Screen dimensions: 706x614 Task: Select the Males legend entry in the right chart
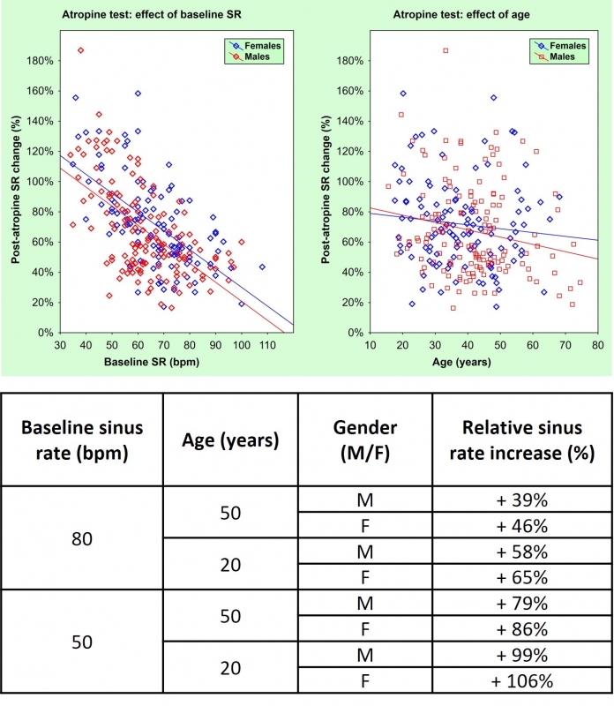click(x=562, y=57)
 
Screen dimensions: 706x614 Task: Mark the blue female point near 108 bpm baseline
click(x=262, y=267)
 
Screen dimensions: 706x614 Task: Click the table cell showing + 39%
click(x=522, y=500)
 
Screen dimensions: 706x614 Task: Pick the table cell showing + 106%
click(x=522, y=680)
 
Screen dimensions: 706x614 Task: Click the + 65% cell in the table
click(x=522, y=578)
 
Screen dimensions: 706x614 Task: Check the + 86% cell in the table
click(x=522, y=629)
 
